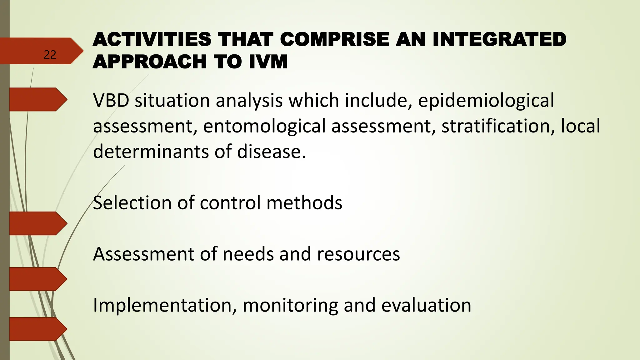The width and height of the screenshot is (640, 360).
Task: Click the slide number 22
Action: tap(50, 55)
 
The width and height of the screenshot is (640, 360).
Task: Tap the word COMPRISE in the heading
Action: tap(334, 40)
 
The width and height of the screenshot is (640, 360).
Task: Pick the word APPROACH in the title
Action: tap(150, 62)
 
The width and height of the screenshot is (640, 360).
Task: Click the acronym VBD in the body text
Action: tap(111, 101)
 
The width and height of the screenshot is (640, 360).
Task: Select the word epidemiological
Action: tap(486, 101)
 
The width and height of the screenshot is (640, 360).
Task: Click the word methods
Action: tap(304, 203)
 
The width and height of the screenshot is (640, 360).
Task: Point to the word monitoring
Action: tap(290, 305)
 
